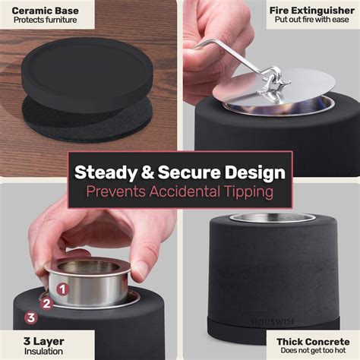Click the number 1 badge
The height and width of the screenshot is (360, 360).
point(63,289)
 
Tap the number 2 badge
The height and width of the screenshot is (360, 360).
point(46,303)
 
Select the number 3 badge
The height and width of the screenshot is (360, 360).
point(31,317)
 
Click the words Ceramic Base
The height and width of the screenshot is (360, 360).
point(45,11)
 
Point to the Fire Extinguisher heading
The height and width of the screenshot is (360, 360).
point(312,11)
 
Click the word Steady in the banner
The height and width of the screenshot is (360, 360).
point(106,172)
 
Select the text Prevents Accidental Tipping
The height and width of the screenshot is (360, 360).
point(180,191)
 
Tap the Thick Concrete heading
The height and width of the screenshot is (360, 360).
point(313,342)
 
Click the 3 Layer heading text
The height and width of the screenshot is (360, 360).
point(43,341)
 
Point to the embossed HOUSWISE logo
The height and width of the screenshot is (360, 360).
point(273,322)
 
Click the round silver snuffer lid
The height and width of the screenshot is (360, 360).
point(274,86)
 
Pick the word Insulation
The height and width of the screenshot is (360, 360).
point(43,352)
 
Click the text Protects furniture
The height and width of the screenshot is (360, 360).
point(45,20)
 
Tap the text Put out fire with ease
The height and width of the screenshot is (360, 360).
point(312,20)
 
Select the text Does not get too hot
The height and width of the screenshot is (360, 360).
point(313,351)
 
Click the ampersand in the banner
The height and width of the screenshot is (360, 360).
point(147,172)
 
